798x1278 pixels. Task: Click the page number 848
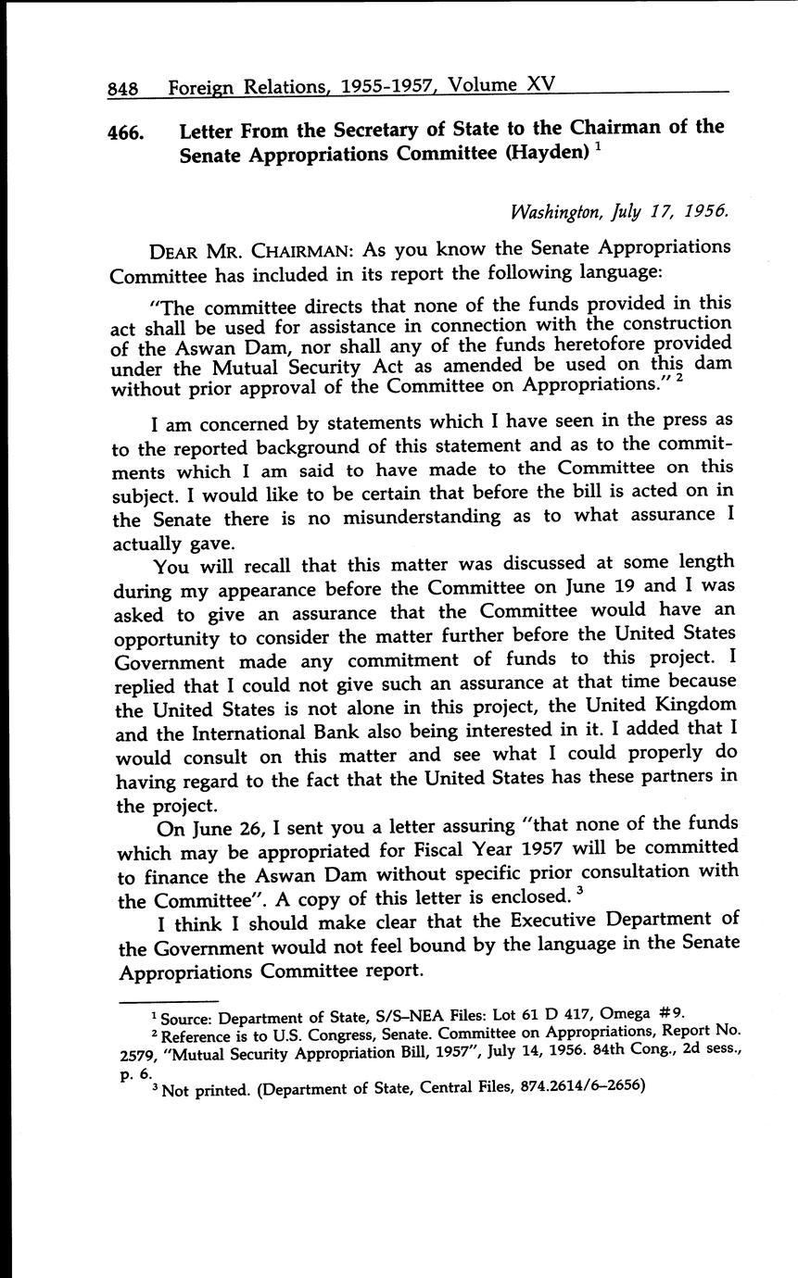point(122,89)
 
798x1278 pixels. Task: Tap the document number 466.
point(126,132)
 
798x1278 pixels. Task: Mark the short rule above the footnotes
point(168,1000)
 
